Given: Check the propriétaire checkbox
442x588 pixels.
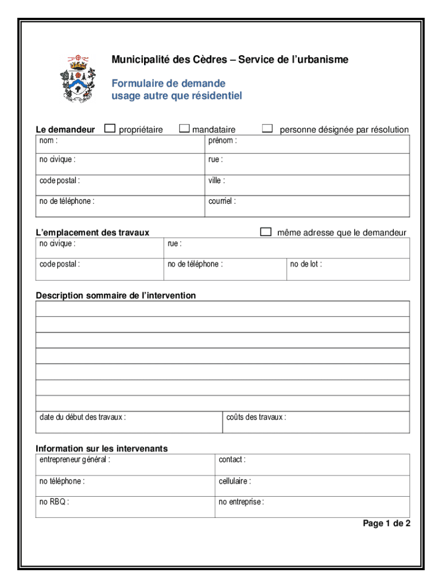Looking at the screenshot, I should pos(110,129).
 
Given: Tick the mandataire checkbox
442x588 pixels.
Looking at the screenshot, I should pos(184,129).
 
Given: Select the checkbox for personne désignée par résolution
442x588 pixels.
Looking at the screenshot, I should pos(267,129).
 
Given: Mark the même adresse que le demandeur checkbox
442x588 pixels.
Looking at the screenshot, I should pos(265,231).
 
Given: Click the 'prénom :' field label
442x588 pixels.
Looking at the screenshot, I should pos(222,141).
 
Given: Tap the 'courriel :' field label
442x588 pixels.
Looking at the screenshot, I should pos(222,202).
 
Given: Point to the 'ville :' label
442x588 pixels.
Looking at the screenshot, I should pos(217,180).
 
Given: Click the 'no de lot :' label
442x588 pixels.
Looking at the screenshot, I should pos(306,264).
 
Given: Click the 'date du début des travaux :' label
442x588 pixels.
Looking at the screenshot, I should pos(83,417).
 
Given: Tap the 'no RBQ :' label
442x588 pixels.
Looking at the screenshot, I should pos(54,502).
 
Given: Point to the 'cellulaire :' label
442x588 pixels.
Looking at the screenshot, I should pos(235,481).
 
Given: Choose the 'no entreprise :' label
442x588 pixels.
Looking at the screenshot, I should pos(241,502).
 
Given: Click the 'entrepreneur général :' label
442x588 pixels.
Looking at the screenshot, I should pos(75,459).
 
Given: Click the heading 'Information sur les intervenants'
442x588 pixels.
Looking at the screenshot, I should pos(102,448).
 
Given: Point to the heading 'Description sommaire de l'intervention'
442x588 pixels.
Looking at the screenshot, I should pos(115,296).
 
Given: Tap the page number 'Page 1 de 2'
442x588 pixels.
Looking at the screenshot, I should pos(386,523).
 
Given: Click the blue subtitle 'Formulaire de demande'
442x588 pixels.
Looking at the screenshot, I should pos(168,84).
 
